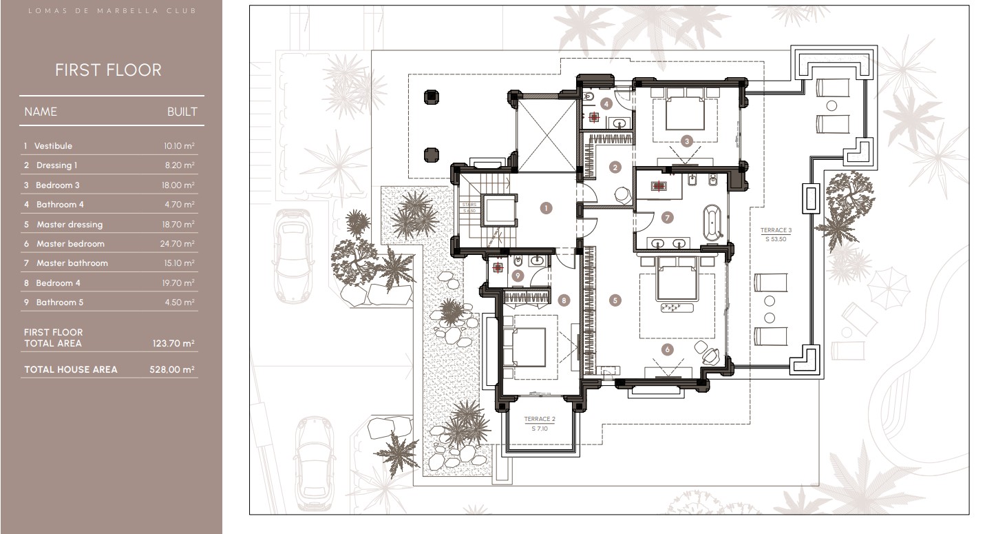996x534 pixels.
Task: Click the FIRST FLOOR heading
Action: pyautogui.click(x=108, y=70)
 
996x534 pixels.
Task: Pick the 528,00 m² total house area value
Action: pyautogui.click(x=172, y=370)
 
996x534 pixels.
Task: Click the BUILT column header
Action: pyautogui.click(x=182, y=112)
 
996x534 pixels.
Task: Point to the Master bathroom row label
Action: pyautogui.click(x=72, y=263)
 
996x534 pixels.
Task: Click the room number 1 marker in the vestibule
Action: pyautogui.click(x=547, y=208)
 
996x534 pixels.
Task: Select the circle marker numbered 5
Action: pyautogui.click(x=615, y=300)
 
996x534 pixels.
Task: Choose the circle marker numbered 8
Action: pyautogui.click(x=564, y=300)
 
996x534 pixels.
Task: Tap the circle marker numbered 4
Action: pyautogui.click(x=606, y=104)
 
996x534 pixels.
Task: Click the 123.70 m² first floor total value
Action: pyautogui.click(x=173, y=343)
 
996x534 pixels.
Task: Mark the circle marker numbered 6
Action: pyautogui.click(x=666, y=350)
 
